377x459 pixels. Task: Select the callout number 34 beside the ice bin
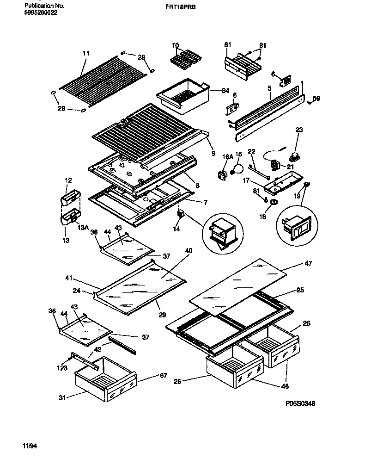click(x=225, y=91)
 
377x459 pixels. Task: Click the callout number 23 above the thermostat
click(x=299, y=130)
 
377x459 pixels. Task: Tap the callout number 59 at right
click(x=316, y=98)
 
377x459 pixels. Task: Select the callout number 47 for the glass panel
click(x=308, y=264)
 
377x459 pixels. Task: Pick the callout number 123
click(x=61, y=369)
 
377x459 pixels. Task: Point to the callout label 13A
click(x=83, y=227)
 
